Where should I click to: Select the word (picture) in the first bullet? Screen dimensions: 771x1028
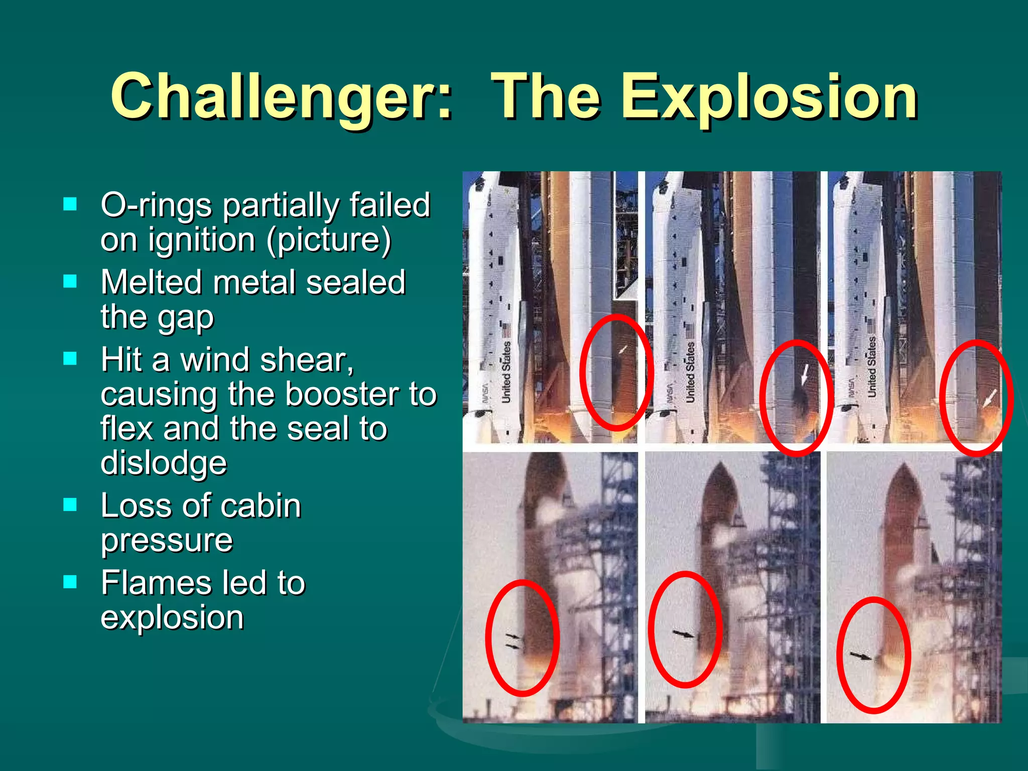pos(329,239)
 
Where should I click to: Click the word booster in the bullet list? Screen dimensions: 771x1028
pos(332,394)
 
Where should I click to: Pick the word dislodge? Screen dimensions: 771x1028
pos(164,462)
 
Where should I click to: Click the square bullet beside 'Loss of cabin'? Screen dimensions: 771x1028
pos(70,504)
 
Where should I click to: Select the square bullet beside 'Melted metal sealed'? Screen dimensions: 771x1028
pos(70,281)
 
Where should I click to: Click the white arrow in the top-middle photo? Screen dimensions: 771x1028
pos(805,374)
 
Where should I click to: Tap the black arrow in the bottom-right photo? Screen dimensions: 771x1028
pos(861,655)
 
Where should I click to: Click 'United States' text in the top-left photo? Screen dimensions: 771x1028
pos(506,372)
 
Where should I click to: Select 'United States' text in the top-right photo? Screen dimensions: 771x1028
pos(871,367)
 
